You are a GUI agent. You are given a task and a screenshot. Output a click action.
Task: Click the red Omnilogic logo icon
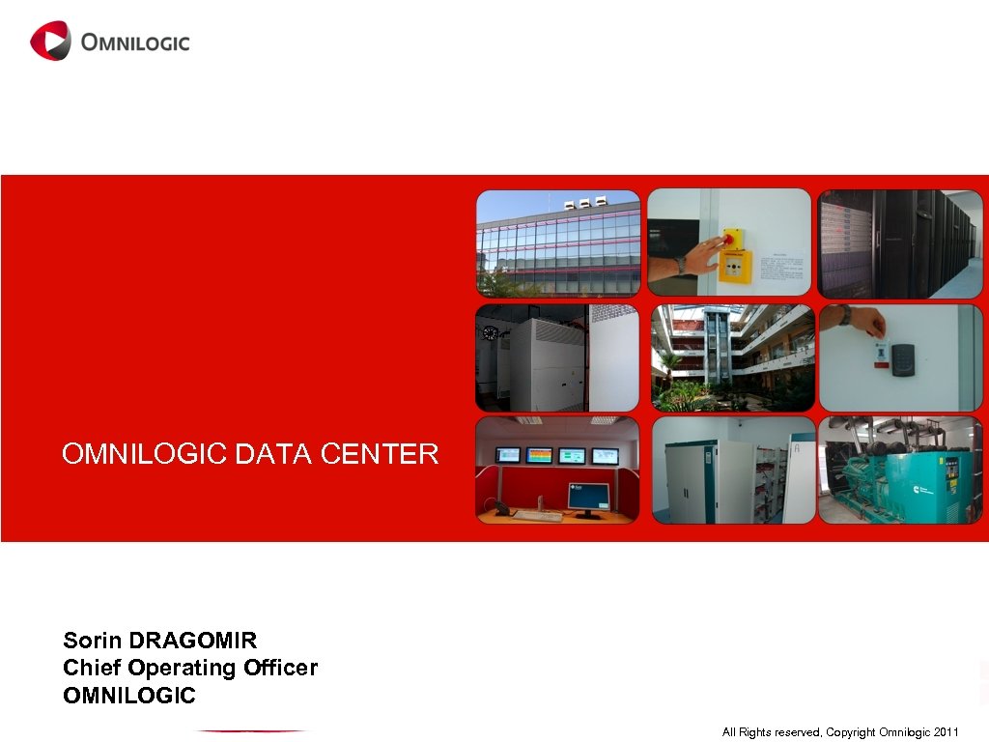[50, 41]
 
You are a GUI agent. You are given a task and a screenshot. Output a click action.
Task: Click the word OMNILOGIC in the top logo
[135, 43]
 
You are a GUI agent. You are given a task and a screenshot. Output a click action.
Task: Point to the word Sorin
[93, 640]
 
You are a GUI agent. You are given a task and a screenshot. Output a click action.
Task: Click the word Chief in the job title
[92, 668]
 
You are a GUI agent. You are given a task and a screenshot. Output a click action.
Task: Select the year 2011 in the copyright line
[946, 732]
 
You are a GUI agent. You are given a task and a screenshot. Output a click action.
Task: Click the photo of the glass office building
[558, 243]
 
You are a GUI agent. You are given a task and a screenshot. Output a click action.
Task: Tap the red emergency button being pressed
[731, 236]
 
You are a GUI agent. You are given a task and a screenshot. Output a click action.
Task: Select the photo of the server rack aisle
[900, 243]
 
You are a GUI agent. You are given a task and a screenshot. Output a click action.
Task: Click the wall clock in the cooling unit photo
[490, 333]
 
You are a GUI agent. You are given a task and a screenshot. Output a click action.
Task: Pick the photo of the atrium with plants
[731, 357]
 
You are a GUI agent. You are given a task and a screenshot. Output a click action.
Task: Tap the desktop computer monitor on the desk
[588, 496]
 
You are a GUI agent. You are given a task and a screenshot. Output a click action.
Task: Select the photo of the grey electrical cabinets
[731, 470]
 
